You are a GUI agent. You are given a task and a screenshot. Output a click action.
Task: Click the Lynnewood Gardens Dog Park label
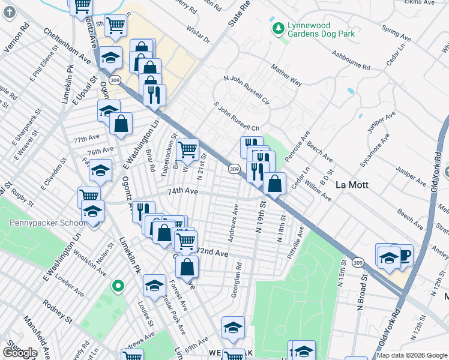321,29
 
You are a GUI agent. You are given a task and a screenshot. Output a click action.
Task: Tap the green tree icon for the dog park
278,29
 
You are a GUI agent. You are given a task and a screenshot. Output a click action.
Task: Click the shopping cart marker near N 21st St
188,150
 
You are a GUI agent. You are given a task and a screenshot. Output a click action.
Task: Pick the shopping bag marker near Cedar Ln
274,184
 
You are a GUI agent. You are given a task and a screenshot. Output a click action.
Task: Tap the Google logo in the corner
19,353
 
